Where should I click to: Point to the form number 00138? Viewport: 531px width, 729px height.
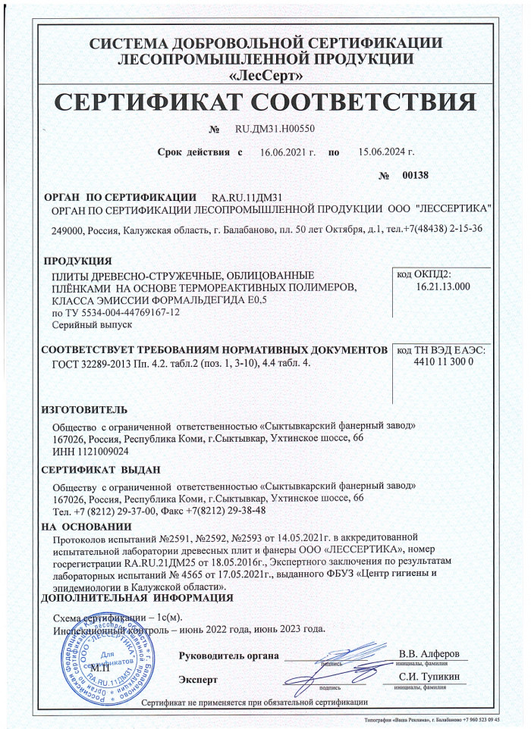pos(415,175)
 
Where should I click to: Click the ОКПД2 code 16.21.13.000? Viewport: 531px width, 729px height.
pos(444,287)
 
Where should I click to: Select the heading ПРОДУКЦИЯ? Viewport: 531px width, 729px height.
pos(78,261)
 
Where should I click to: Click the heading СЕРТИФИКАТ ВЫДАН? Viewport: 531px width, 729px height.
pos(99,470)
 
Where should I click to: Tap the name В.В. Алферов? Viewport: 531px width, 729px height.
pos(429,653)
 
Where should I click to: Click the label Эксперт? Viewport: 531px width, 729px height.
pos(198,679)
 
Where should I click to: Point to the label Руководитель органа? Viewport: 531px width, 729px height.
pos(229,655)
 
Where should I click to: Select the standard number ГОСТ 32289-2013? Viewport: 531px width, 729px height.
pos(93,364)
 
